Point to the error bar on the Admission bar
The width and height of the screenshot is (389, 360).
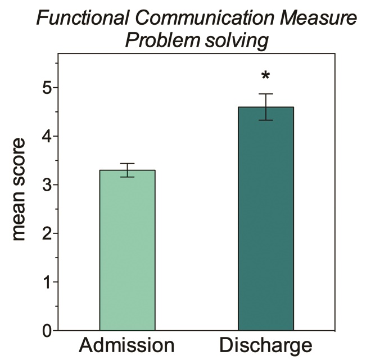pyautogui.click(x=127, y=170)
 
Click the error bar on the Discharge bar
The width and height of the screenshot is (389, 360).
pyautogui.click(x=265, y=107)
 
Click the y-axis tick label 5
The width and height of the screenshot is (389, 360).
pyautogui.click(x=47, y=88)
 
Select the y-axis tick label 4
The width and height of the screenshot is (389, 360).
pyautogui.click(x=47, y=136)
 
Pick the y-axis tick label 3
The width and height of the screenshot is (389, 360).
pyautogui.click(x=47, y=185)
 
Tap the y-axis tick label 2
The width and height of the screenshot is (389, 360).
pyautogui.click(x=47, y=233)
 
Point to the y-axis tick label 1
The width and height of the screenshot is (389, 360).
pyautogui.click(x=47, y=282)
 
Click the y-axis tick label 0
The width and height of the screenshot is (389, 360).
pyautogui.click(x=47, y=330)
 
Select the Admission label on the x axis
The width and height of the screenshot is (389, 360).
pyautogui.click(x=127, y=345)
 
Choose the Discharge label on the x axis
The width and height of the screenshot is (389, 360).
pyautogui.click(x=265, y=345)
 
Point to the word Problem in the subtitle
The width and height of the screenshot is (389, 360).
pyautogui.click(x=162, y=40)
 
